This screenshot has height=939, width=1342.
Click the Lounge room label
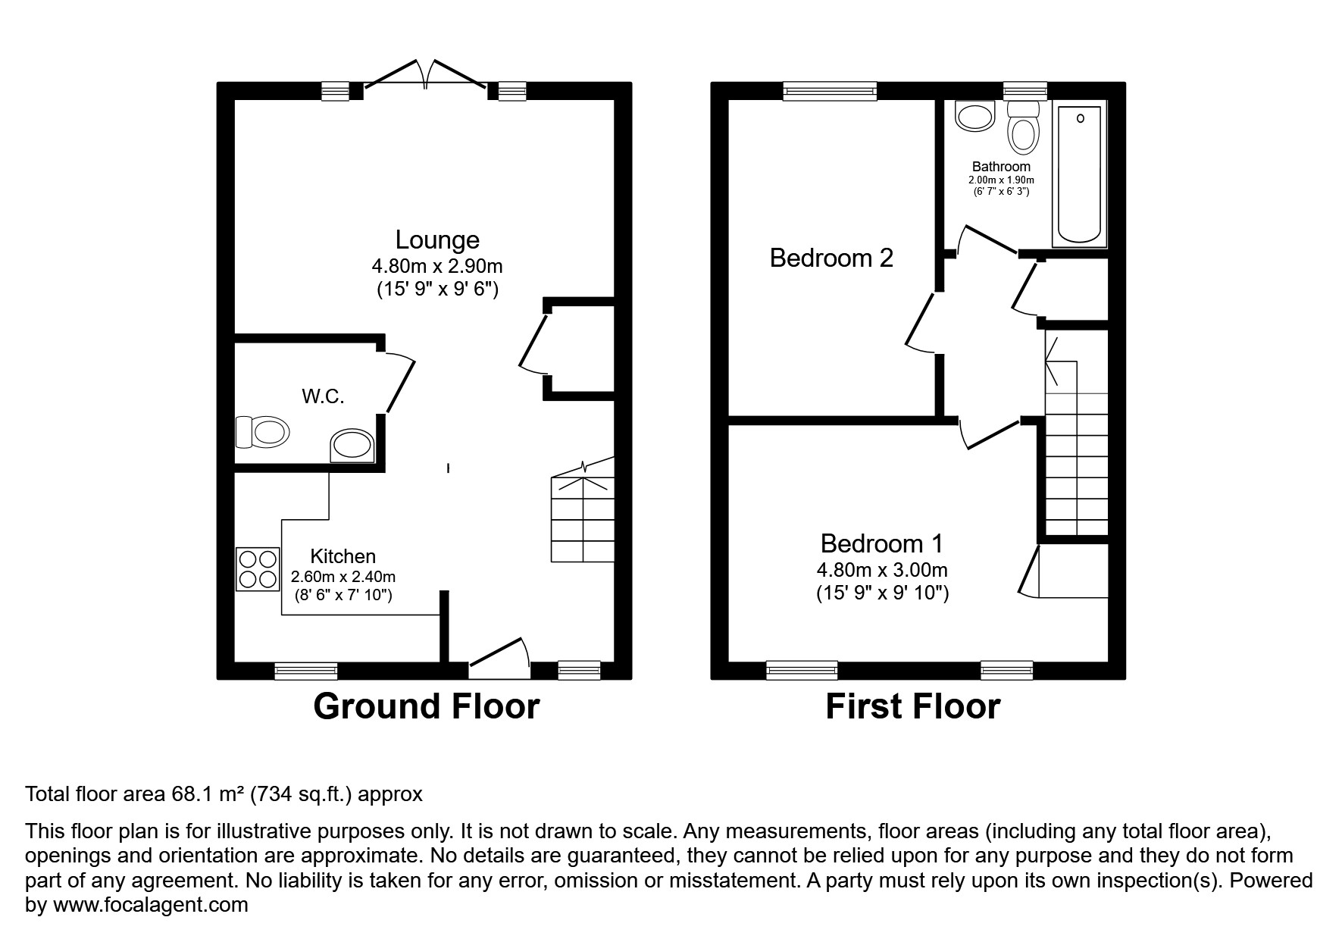(x=437, y=240)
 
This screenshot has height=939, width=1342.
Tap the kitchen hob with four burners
(x=258, y=570)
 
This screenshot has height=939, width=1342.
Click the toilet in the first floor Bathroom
(x=1023, y=129)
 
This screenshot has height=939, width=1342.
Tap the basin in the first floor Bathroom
(x=975, y=117)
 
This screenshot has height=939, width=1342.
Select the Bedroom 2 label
(x=831, y=258)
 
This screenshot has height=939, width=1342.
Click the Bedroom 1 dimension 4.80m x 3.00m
(x=882, y=570)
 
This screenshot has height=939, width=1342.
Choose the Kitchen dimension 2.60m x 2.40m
(x=343, y=577)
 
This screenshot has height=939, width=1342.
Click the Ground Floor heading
(x=426, y=706)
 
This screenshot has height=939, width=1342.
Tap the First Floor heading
(x=912, y=706)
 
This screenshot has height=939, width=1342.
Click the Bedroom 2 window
(x=830, y=92)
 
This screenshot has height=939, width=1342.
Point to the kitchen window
(x=305, y=670)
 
